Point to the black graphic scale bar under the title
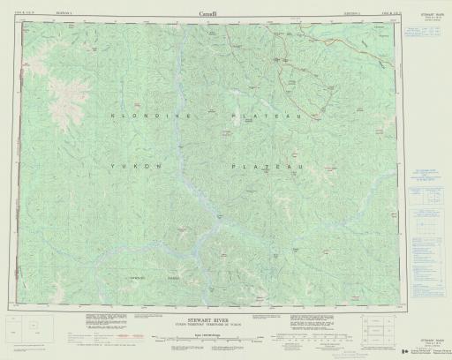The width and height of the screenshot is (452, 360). click(211, 340)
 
